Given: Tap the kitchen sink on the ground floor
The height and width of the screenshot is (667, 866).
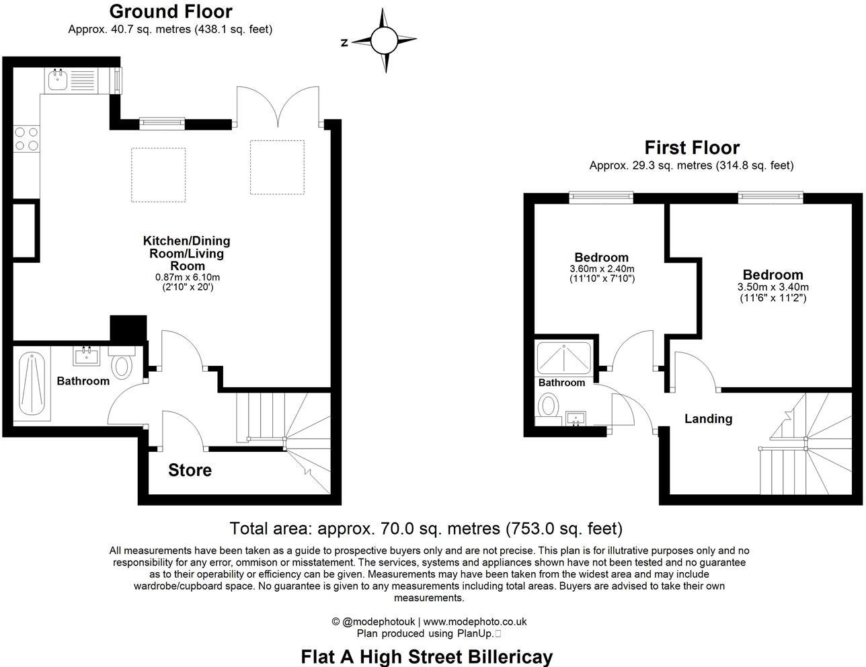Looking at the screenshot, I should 56,81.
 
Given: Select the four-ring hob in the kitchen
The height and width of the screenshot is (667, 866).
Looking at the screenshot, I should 26,139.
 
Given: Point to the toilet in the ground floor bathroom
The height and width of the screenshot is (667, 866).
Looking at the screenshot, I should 122,365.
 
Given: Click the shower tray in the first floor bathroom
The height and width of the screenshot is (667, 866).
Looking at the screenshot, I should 564,358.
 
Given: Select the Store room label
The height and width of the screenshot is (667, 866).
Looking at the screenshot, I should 190,470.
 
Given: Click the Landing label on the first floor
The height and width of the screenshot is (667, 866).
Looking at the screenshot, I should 708,419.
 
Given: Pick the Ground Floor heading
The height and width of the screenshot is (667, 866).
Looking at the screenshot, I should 170,11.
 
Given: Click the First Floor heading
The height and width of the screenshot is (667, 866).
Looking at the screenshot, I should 692,147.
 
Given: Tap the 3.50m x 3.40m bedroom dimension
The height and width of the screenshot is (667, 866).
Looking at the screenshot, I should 773,287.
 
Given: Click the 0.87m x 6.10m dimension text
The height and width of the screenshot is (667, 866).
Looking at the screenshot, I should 187,277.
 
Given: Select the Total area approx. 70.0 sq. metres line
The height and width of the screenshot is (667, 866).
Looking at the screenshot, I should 426,528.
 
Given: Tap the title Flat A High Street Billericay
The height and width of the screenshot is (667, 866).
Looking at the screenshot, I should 427,656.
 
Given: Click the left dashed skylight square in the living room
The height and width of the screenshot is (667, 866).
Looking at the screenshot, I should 158,175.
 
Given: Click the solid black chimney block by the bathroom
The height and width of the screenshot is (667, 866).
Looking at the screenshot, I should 128,329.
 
